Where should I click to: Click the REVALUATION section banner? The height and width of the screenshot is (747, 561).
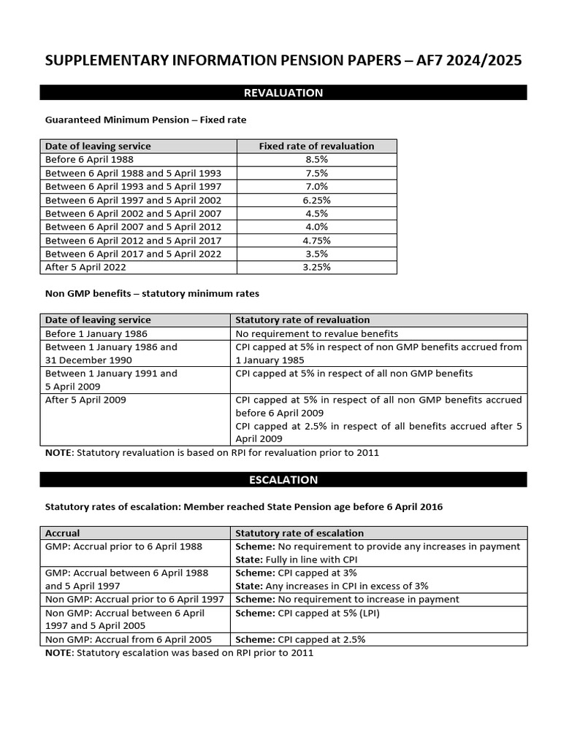pyautogui.click(x=283, y=93)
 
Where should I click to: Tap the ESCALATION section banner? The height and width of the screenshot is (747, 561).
pyautogui.click(x=283, y=479)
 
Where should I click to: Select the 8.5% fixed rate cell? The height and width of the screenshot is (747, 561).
pyautogui.click(x=316, y=160)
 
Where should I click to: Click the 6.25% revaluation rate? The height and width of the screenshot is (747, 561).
pyautogui.click(x=316, y=200)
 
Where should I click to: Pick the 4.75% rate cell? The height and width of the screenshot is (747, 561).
pyautogui.click(x=316, y=241)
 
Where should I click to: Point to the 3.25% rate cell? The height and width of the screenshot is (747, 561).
pyautogui.click(x=316, y=267)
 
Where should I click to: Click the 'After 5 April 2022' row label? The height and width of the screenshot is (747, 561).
pyautogui.click(x=85, y=267)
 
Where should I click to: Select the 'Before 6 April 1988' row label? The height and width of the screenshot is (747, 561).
pyautogui.click(x=89, y=160)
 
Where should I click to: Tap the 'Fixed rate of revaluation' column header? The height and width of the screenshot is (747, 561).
pyautogui.click(x=316, y=146)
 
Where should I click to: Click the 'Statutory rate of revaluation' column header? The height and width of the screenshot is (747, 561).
pyautogui.click(x=302, y=320)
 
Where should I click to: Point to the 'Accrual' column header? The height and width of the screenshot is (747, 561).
pyautogui.click(x=63, y=533)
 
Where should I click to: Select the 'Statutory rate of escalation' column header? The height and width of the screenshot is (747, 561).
pyautogui.click(x=299, y=533)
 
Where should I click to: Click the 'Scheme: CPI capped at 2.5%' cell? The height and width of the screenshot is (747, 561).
pyautogui.click(x=300, y=639)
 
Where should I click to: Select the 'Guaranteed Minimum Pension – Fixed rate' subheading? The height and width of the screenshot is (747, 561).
pyautogui.click(x=150, y=119)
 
